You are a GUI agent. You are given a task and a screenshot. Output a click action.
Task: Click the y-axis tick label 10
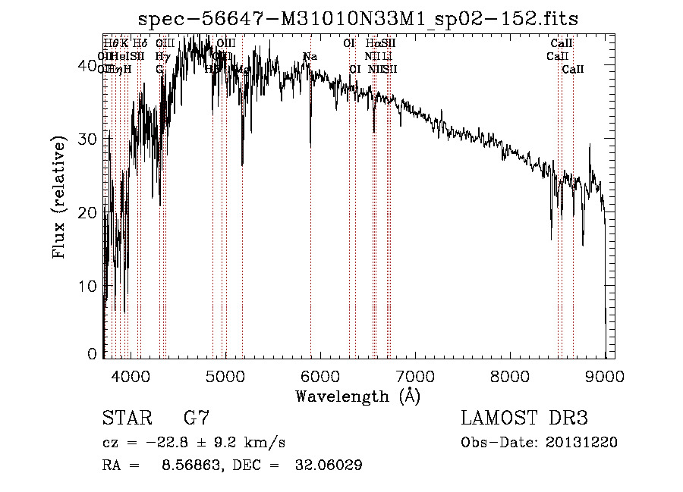click(x=90, y=286)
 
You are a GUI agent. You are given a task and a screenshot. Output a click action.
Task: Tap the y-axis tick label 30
click(x=90, y=139)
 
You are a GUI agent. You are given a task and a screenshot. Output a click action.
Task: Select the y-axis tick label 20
click(x=90, y=212)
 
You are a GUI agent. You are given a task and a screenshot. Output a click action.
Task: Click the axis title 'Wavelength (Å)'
click(x=357, y=396)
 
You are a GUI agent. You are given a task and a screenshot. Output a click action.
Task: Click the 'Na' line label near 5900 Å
click(x=310, y=57)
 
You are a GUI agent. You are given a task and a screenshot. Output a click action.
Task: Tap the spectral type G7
click(x=196, y=418)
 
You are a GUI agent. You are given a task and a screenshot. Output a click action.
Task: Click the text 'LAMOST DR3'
click(x=524, y=418)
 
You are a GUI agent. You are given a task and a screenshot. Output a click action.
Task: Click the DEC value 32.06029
click(x=328, y=465)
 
